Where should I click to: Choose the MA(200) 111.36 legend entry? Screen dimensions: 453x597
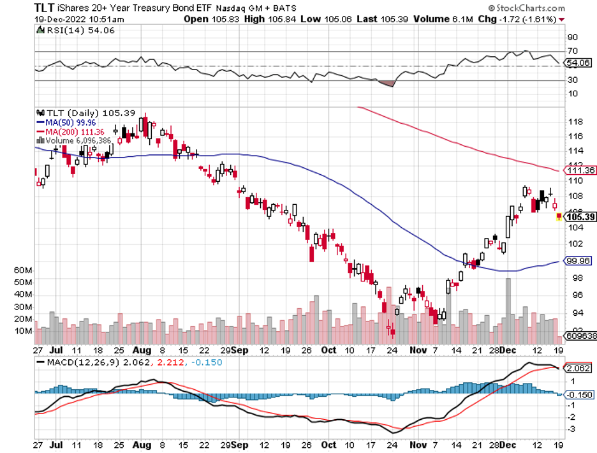coord(68,131)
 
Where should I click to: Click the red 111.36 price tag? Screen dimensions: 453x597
coord(580,170)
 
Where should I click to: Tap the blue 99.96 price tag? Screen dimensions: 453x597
coord(580,261)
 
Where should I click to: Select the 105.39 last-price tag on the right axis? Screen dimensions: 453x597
coord(580,218)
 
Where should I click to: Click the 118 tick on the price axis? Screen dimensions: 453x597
coord(573,121)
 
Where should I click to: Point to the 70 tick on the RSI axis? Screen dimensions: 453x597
coord(571,51)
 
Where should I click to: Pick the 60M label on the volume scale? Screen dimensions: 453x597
coord(23,270)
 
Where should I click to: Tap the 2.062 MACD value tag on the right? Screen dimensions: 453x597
coord(580,369)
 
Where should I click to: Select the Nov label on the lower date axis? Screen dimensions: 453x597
coord(418,350)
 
